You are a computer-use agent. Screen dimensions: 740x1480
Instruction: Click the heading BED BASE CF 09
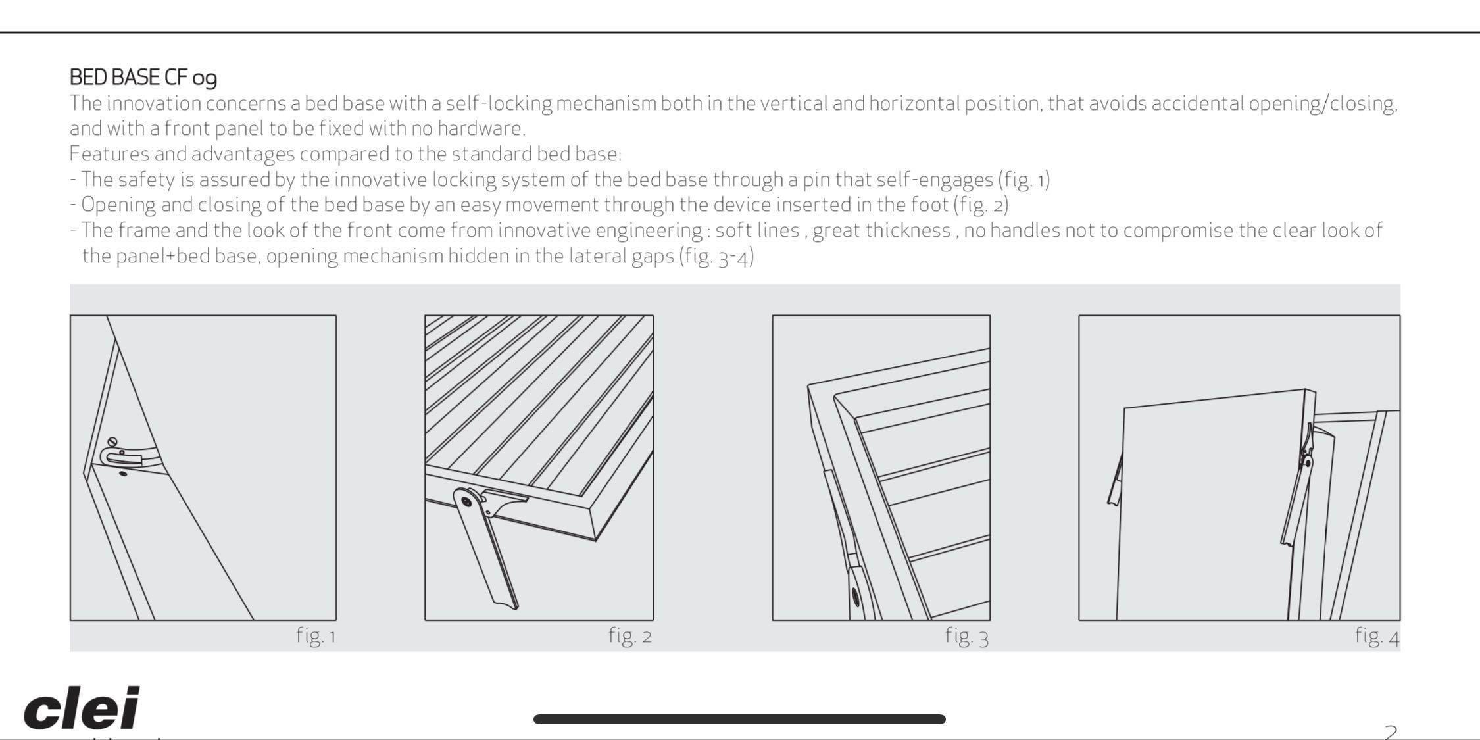coord(143,78)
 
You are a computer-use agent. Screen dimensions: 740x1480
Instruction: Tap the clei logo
coord(82,708)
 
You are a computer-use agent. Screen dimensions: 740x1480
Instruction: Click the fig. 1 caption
coord(316,635)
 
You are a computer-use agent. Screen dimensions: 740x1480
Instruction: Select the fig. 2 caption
coord(629,635)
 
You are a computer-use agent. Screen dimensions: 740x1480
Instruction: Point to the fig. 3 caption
coord(967,635)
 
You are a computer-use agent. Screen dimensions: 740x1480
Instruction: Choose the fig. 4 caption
coord(1377,635)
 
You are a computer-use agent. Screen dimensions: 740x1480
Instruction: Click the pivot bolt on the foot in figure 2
coord(466,501)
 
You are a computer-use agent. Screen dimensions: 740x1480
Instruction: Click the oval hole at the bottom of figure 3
coord(855,597)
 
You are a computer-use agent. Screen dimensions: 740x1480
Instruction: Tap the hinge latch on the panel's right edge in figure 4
coord(1306,454)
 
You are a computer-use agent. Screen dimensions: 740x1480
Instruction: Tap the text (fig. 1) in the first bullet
coord(1024,180)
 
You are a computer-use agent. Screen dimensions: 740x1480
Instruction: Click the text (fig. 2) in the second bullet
coord(981,205)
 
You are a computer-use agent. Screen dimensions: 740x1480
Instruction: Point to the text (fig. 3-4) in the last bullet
coord(716,256)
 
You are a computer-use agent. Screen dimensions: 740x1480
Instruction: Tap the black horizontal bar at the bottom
coord(739,719)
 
